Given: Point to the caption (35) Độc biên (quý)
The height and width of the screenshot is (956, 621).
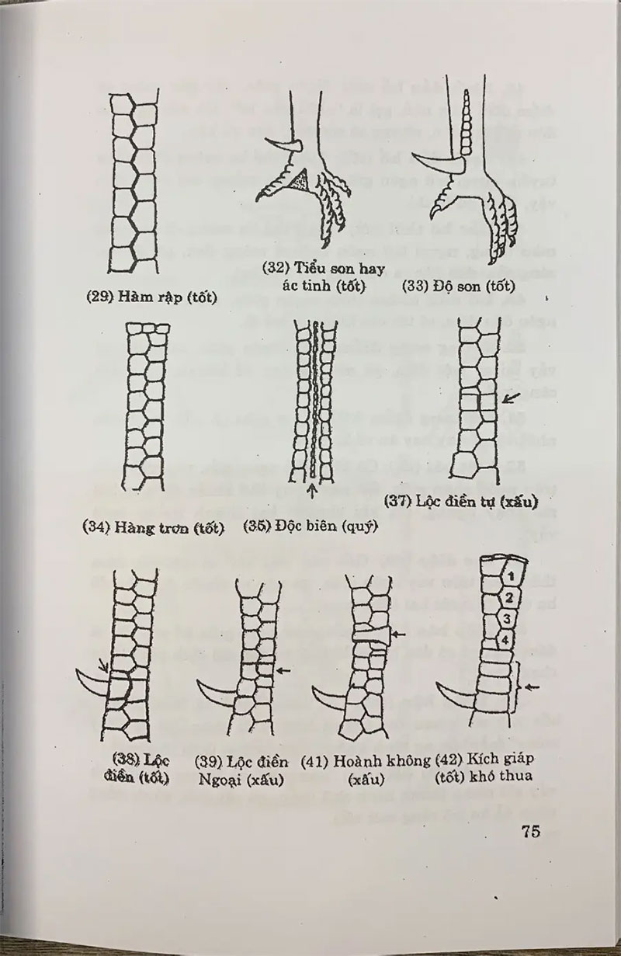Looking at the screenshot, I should (310, 526).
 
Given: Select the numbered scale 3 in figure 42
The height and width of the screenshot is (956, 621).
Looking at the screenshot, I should (505, 619).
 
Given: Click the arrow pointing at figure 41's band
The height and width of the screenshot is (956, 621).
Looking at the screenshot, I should (398, 635).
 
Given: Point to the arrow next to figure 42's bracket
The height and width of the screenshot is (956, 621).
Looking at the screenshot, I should (532, 686).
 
